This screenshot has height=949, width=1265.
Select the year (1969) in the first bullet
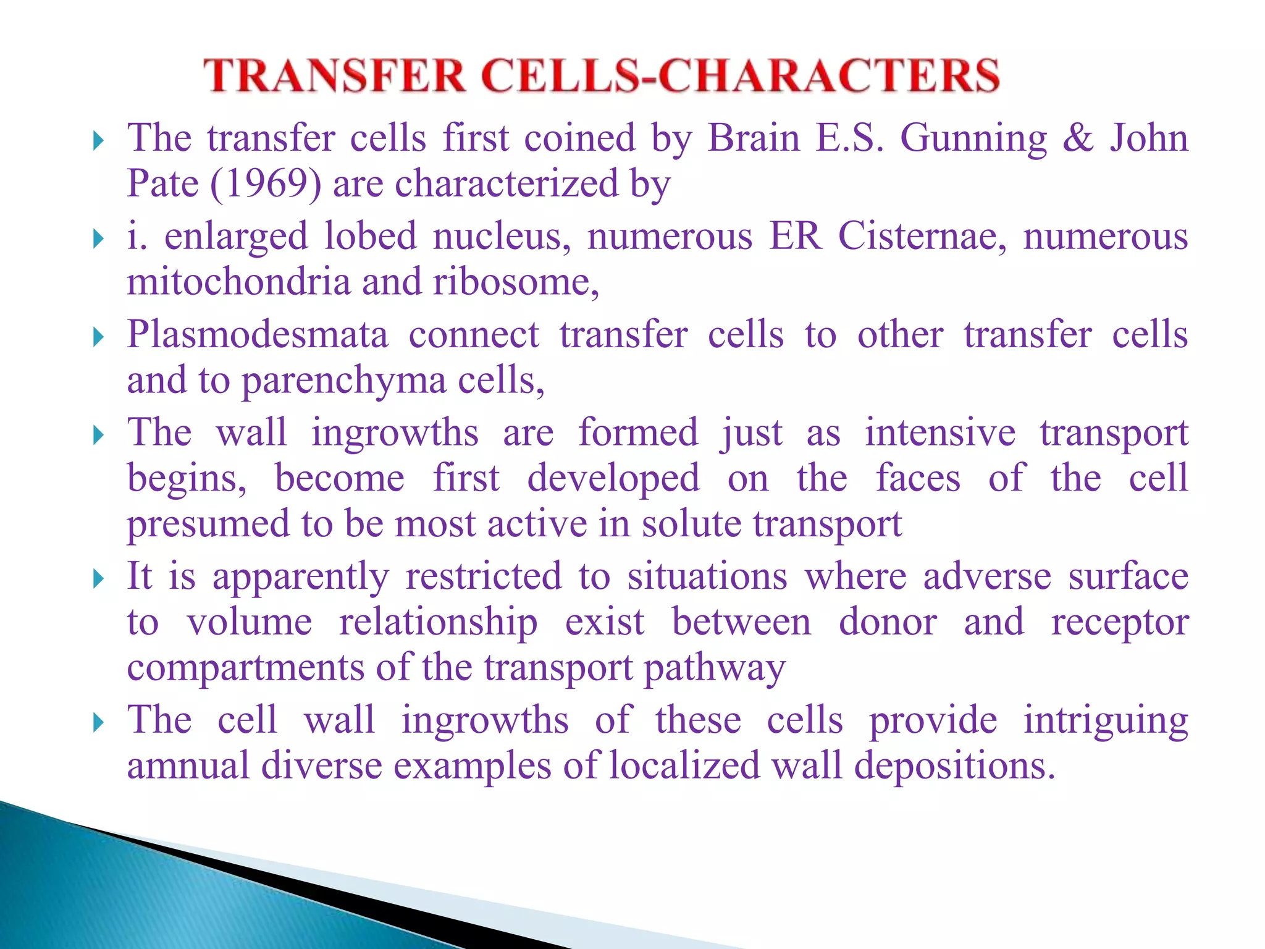[x=266, y=184]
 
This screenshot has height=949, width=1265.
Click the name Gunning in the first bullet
[x=973, y=138]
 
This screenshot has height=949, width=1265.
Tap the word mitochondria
[x=238, y=282]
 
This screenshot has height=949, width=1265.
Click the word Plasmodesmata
[x=258, y=335]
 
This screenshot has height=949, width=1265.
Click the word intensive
[x=939, y=432]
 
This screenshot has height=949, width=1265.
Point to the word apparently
[x=300, y=578]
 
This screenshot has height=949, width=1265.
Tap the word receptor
[x=1119, y=623]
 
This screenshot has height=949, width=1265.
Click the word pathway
[x=714, y=669]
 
